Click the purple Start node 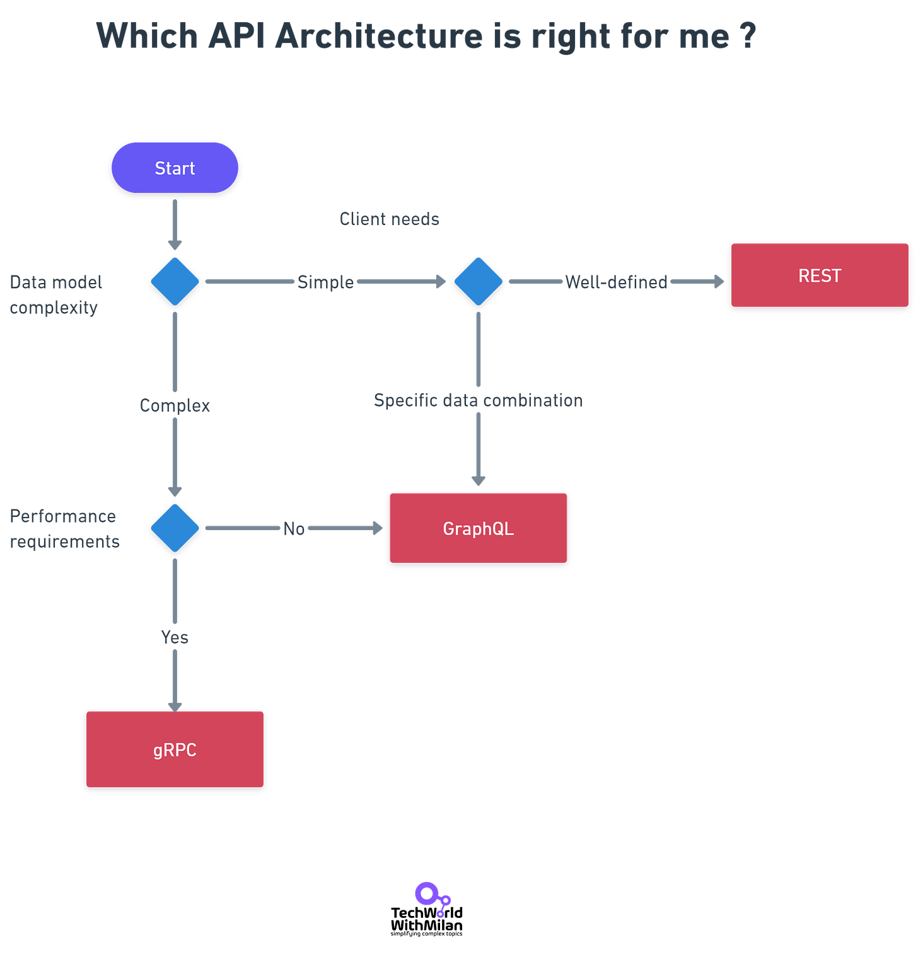[175, 168]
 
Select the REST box [819, 275]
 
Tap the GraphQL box [478, 528]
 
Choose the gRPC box [175, 750]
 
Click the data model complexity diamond [175, 281]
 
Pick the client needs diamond [478, 281]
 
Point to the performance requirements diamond [175, 528]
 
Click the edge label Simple [325, 282]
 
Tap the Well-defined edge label [616, 282]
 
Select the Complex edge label [175, 405]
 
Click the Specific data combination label [478, 400]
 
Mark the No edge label [293, 528]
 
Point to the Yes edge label [175, 637]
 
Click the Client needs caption [389, 219]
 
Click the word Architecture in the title [379, 35]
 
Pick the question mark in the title [748, 35]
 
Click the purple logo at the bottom [433, 898]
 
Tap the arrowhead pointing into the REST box [719, 281]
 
